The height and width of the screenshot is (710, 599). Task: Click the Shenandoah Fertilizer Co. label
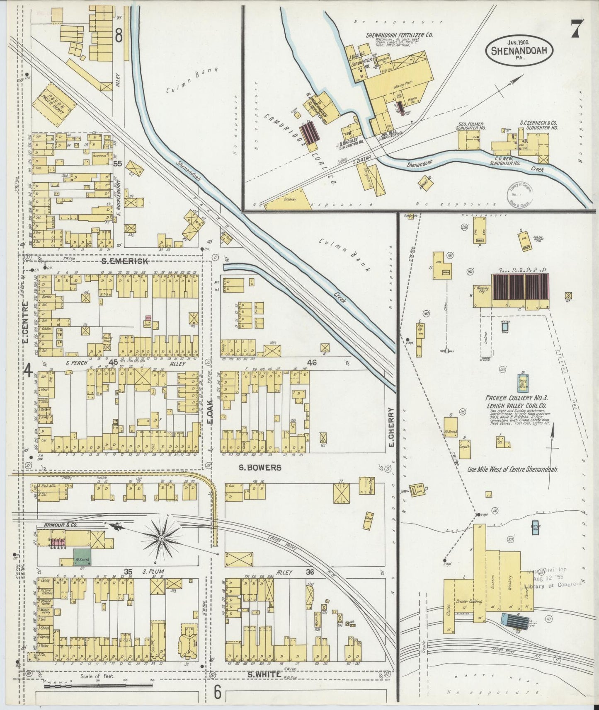[399, 35]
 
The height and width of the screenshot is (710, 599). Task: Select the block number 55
[118, 164]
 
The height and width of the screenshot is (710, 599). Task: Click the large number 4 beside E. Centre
[28, 371]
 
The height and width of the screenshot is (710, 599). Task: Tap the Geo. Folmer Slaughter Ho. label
[471, 126]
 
